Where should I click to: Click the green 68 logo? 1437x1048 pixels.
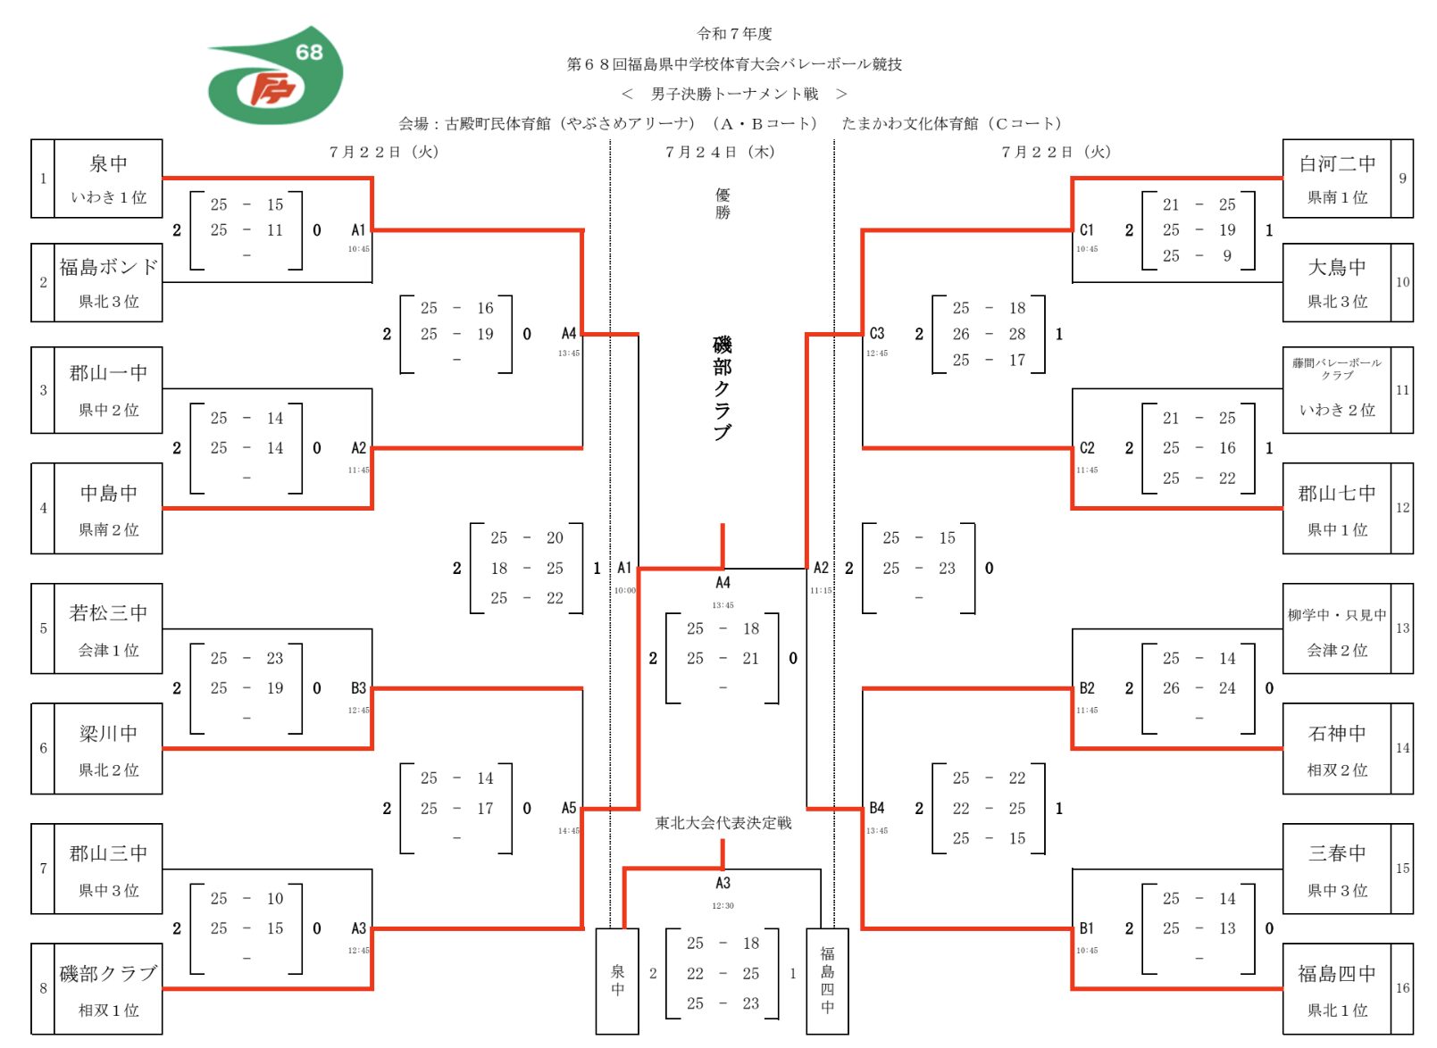coord(275,76)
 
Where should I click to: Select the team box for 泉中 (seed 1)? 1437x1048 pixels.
coord(108,178)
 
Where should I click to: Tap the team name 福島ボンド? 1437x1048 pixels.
coord(108,267)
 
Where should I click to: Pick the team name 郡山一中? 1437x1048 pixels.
coord(108,373)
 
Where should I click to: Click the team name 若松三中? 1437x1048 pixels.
coord(108,613)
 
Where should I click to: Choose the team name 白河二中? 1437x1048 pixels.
coord(1337,164)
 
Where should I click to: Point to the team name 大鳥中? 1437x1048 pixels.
coord(1337,268)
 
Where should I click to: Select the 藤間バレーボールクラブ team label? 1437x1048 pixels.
coord(1337,368)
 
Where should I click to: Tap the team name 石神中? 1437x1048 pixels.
coord(1337,734)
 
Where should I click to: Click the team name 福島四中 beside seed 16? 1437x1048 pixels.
coord(1337,974)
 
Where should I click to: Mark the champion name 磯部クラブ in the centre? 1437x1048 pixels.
coord(723,388)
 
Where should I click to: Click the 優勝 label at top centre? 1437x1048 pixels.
coord(723,204)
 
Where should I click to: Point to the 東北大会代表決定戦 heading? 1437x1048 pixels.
coord(723,823)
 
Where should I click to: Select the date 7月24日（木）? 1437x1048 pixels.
coord(720,153)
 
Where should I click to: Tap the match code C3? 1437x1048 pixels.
coord(877,334)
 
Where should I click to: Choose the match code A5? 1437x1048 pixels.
coord(569,809)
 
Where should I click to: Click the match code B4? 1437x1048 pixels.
coord(877,809)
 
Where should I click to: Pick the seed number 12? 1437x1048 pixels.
coord(1402,508)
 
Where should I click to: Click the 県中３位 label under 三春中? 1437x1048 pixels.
coord(1337,891)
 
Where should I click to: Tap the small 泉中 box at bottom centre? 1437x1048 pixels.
coord(617,980)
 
